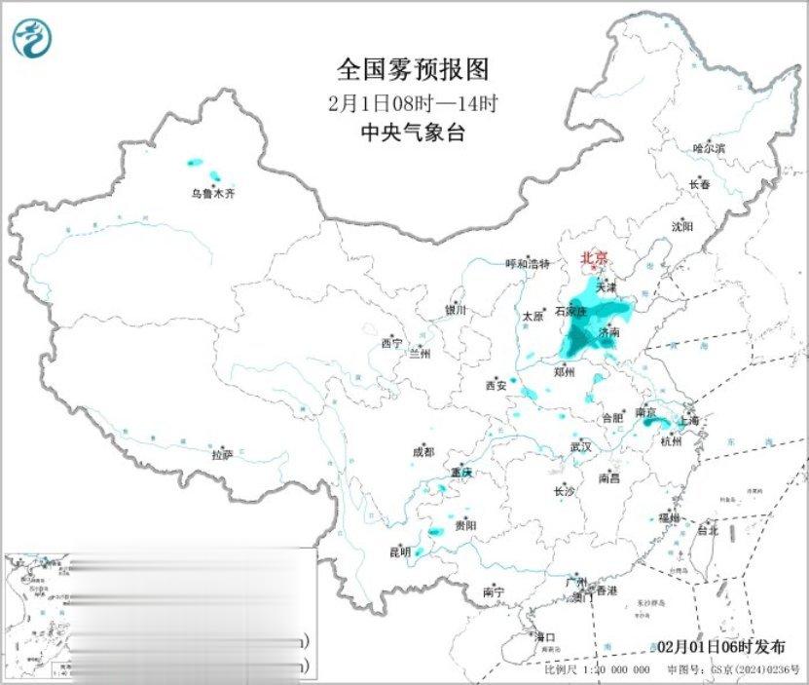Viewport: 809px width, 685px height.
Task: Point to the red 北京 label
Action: point(594,258)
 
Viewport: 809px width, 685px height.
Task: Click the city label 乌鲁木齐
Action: point(212,194)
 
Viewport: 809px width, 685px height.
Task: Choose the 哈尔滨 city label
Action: point(709,148)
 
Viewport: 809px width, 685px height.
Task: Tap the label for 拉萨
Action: point(222,454)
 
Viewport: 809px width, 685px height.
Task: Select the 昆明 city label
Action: point(400,552)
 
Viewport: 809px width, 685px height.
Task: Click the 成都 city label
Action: point(423,452)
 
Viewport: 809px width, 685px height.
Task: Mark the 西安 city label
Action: point(496,386)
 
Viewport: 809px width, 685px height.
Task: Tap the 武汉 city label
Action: point(582,447)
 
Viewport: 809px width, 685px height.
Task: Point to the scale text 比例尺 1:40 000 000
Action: point(597,670)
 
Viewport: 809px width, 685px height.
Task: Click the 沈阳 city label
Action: point(681,226)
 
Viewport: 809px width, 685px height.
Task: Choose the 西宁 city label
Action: point(391,343)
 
